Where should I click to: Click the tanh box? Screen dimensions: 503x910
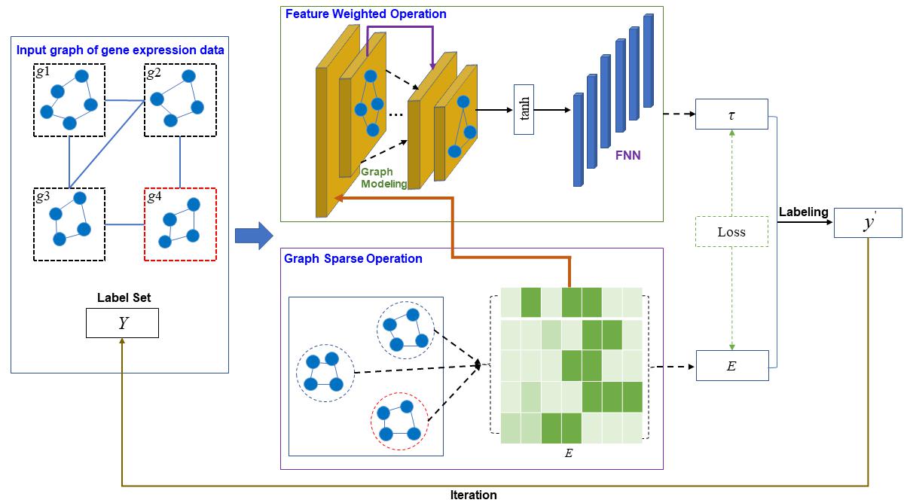[524, 110]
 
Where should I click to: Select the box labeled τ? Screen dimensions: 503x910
[731, 114]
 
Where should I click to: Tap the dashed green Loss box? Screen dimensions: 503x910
[731, 232]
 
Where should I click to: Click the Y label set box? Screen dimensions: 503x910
[122, 323]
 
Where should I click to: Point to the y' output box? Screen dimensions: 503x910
[867, 224]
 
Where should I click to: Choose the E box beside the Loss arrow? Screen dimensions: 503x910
[731, 365]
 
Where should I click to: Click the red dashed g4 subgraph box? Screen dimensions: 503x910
[180, 224]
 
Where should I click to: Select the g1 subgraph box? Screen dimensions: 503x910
[69, 100]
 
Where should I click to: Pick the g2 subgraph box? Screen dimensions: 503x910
[180, 100]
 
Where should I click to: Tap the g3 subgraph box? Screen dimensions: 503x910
[69, 224]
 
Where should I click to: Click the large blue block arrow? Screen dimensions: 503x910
[253, 236]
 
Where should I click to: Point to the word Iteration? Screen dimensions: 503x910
[473, 495]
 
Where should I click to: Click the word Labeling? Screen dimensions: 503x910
[803, 212]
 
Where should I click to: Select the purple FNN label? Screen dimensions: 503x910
[626, 156]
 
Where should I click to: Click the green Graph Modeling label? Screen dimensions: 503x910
[383, 178]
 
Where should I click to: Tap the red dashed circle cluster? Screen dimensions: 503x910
[399, 421]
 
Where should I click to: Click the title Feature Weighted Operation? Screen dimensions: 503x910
[365, 14]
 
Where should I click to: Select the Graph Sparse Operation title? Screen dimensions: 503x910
[353, 258]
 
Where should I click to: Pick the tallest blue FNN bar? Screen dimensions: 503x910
[649, 61]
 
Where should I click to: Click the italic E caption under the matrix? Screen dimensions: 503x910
[569, 453]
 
